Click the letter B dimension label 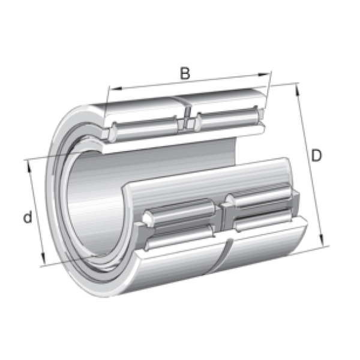pos(185,73)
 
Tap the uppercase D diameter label pos(316,155)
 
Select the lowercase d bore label pos(28,217)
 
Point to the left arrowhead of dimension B pos(115,88)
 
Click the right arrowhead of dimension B pos(263,74)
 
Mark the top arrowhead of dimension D pos(298,89)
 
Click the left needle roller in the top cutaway pos(145,129)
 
